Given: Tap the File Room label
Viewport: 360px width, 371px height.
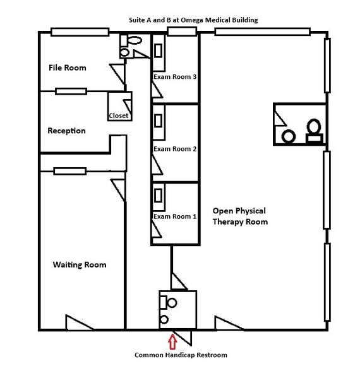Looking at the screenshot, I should tap(68, 68).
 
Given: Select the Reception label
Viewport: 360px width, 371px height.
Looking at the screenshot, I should tap(66, 131).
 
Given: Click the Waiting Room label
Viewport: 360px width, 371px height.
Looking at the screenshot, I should tap(80, 264).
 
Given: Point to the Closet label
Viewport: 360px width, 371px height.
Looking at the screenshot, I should tap(119, 115).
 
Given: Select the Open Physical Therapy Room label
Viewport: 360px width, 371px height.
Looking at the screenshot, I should tap(240, 216).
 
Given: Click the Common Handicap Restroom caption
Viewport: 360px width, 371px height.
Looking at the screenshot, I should tap(181, 355).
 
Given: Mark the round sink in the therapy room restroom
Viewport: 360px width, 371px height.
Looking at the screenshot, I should tap(289, 136).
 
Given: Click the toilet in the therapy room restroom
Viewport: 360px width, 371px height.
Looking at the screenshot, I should tap(313, 129).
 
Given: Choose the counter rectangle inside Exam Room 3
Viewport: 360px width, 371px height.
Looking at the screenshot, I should tap(159, 46).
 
